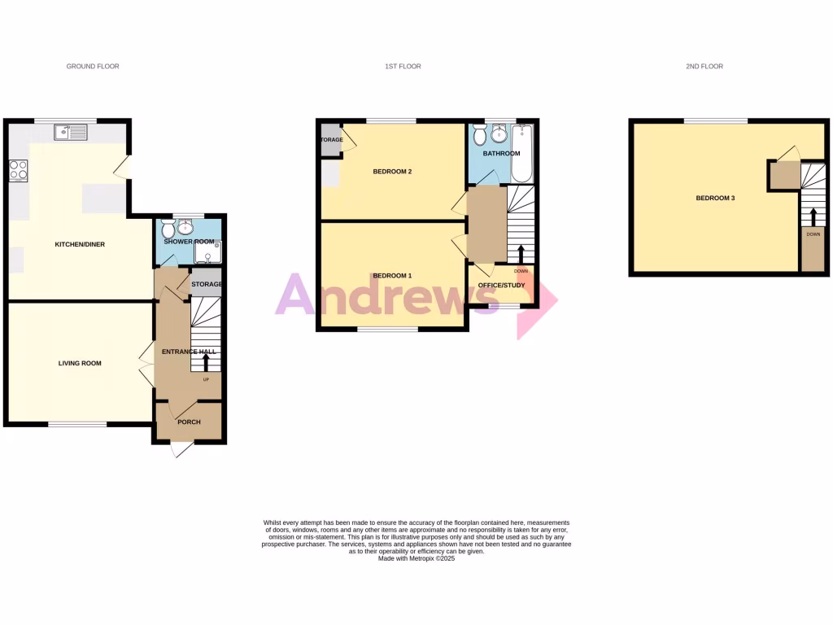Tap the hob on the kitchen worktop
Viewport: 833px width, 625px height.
tap(18, 170)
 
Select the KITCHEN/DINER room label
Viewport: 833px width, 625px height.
tap(80, 244)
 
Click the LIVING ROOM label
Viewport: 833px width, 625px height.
tap(80, 363)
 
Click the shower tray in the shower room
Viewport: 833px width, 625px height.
tap(211, 254)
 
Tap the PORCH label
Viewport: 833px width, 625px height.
tap(189, 422)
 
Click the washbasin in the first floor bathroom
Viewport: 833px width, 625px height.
tap(499, 134)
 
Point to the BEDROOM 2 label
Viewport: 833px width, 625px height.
tap(393, 172)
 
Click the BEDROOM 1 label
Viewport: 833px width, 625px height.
tap(393, 276)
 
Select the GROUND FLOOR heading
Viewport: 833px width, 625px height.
tap(93, 67)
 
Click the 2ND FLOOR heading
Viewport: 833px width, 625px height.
tap(704, 67)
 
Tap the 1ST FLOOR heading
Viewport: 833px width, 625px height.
tap(403, 67)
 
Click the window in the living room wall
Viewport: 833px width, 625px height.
tap(77, 424)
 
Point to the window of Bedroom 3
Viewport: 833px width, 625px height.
tap(716, 121)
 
